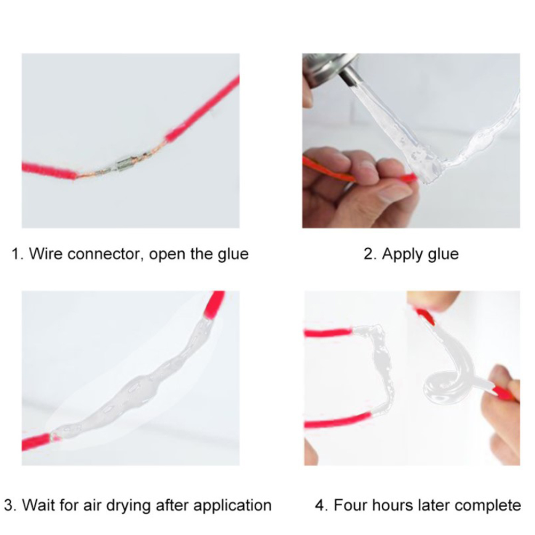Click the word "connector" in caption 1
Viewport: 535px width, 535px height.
(105, 254)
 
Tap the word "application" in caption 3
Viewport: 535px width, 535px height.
(232, 506)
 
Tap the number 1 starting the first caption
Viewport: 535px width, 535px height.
(15, 254)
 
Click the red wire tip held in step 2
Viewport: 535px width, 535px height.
(409, 177)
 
